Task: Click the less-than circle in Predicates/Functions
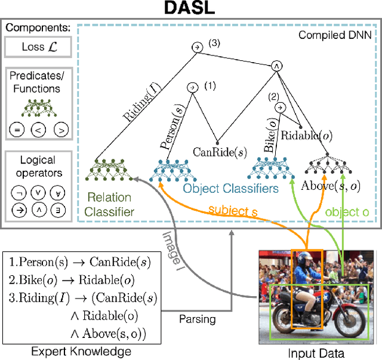coord(37,130)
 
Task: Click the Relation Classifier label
coord(109,204)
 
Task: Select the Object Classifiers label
coord(230,189)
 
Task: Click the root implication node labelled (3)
coord(194,48)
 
